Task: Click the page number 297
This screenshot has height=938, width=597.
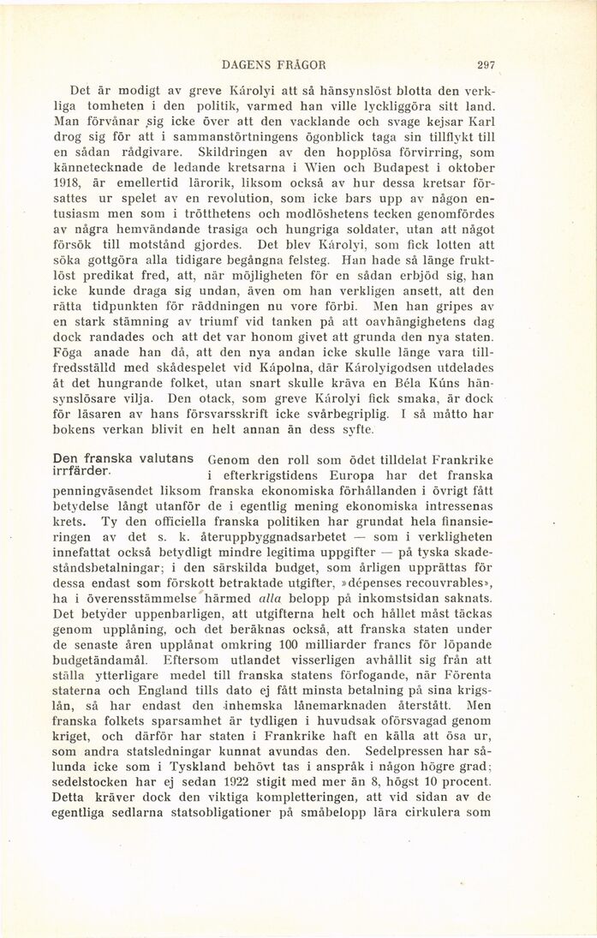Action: (x=487, y=64)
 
